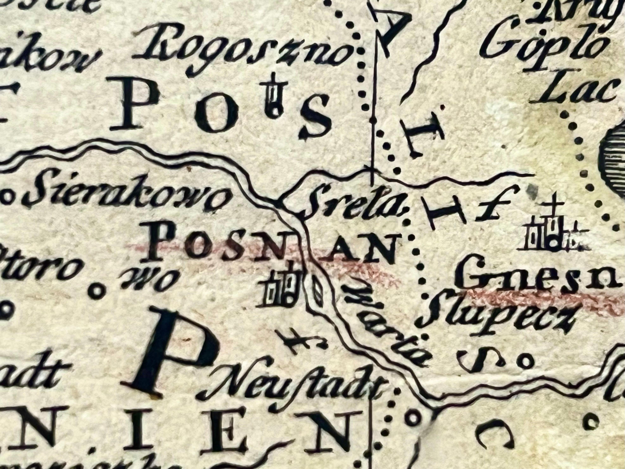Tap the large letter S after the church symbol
(x=315, y=117)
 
